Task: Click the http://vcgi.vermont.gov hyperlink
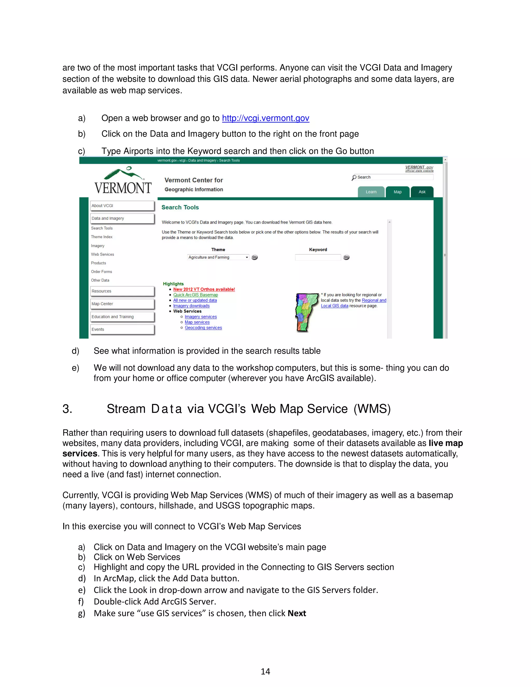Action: point(265,118)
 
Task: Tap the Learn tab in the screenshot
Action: point(371,192)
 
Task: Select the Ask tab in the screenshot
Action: point(422,192)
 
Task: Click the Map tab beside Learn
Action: point(397,192)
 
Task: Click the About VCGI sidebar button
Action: point(122,206)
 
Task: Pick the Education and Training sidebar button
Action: point(122,317)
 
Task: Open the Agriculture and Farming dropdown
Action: point(218,257)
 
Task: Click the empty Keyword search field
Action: point(318,257)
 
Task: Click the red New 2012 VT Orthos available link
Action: point(204,289)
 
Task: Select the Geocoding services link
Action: point(203,328)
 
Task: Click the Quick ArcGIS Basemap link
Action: point(195,295)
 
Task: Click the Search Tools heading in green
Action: point(180,207)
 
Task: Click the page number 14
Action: point(265,672)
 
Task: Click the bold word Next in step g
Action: point(297,613)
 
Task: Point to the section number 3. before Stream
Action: point(67,409)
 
